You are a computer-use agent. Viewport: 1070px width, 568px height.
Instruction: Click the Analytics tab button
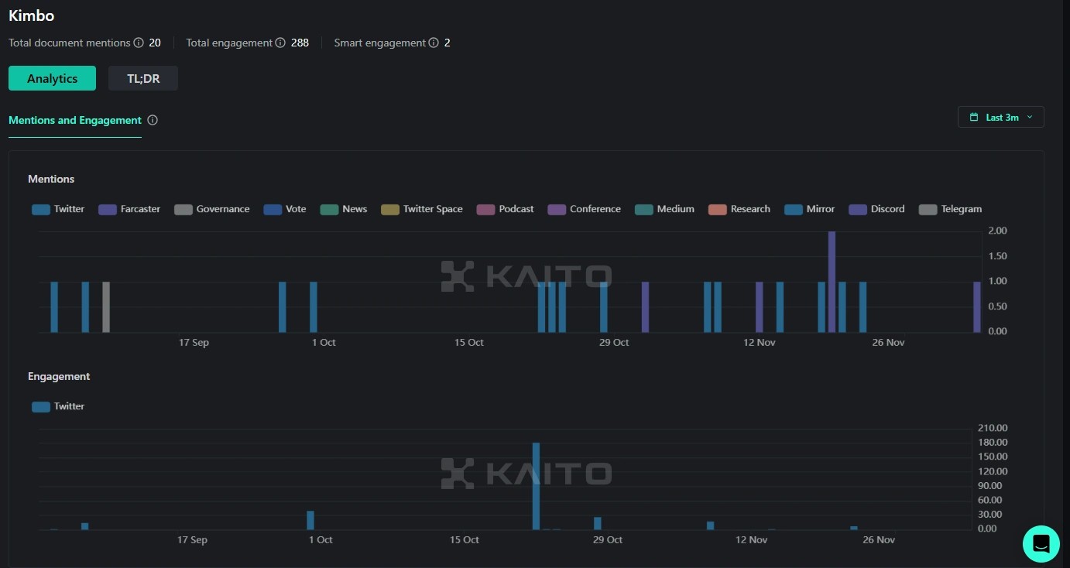[52, 78]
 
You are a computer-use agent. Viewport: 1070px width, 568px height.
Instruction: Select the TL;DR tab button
[143, 78]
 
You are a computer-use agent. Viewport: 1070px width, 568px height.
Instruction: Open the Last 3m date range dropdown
[1000, 118]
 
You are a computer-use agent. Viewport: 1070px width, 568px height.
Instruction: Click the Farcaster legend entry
[129, 209]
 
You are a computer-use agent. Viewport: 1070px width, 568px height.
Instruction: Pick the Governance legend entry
[211, 209]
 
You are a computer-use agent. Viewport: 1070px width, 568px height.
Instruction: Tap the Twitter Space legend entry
[422, 209]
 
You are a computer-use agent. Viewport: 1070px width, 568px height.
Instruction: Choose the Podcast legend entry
[506, 209]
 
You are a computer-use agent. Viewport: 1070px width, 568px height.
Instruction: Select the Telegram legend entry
[950, 209]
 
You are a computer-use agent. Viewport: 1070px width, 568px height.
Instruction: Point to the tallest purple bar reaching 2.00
[832, 282]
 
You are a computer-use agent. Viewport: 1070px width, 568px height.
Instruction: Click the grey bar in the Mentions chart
[106, 307]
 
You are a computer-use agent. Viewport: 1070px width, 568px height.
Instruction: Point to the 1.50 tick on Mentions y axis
[998, 256]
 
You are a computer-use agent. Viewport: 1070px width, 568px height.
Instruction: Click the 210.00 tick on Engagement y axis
[992, 428]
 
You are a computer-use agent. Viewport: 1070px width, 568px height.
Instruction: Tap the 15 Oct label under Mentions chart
[468, 343]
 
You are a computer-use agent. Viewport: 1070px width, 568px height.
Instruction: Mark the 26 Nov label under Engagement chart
[879, 540]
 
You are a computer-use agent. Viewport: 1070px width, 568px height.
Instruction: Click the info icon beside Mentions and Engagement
[153, 120]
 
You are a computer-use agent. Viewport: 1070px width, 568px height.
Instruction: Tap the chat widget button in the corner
[1041, 543]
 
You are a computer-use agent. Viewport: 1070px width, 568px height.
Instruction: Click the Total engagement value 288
[300, 43]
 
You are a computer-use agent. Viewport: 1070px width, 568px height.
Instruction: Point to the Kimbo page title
[32, 15]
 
